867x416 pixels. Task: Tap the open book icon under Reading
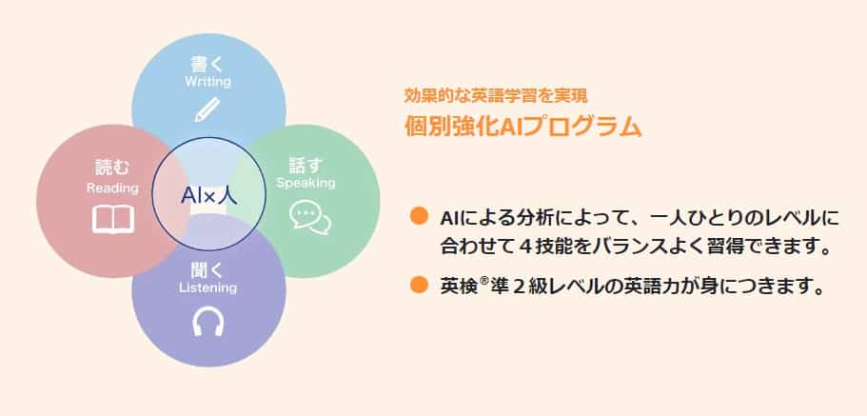point(113,220)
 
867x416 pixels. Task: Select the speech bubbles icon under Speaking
point(309,218)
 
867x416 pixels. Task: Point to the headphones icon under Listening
point(207,322)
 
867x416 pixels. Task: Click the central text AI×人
point(208,196)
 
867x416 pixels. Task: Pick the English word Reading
point(112,188)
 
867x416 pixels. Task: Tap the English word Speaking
point(305,182)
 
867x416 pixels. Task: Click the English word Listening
point(207,287)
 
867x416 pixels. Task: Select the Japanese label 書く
point(207,64)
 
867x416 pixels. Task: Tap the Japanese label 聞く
point(207,268)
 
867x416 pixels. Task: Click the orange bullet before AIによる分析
point(417,214)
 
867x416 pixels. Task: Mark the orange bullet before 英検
point(417,284)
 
